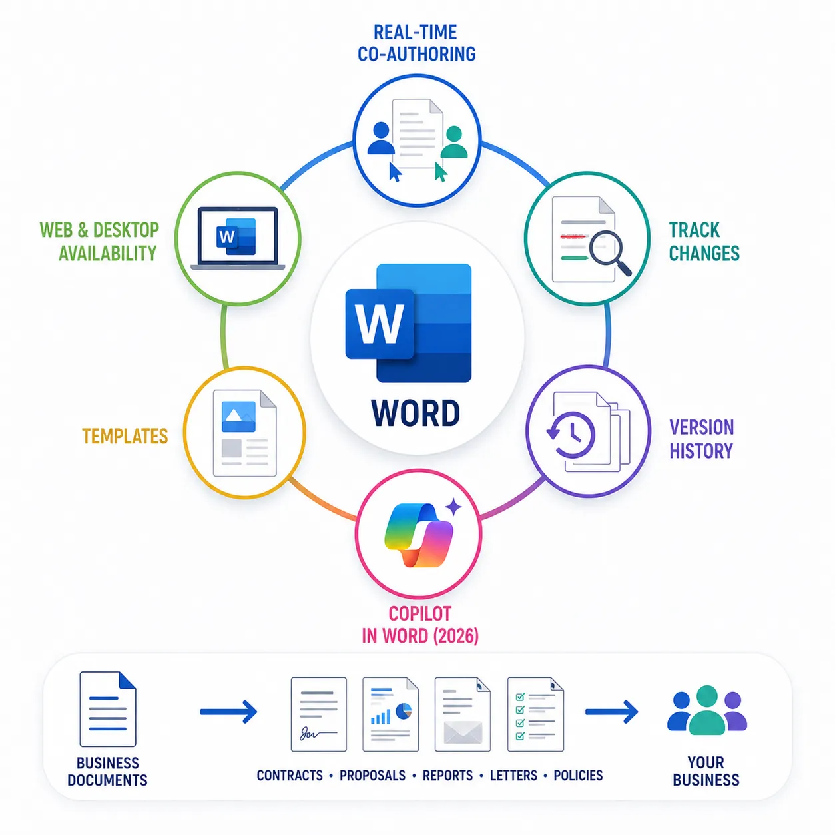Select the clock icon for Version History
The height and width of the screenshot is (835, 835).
(571, 434)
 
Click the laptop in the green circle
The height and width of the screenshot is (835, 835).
(238, 238)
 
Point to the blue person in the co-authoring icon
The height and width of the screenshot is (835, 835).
(381, 139)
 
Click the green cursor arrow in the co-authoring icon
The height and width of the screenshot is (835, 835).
(441, 172)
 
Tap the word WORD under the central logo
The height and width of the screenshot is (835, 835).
(416, 413)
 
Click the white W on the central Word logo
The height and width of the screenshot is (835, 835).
(379, 323)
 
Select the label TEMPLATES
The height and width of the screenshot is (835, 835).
(125, 436)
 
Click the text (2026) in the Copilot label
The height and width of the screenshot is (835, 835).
(456, 636)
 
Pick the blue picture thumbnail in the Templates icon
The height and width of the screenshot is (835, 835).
(238, 416)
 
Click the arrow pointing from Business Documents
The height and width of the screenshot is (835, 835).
(228, 712)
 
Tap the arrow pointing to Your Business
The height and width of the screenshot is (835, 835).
(611, 712)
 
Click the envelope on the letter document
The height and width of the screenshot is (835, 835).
(463, 732)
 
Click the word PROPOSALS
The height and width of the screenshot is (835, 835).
(372, 775)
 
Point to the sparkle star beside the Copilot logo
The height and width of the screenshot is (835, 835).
(453, 507)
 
